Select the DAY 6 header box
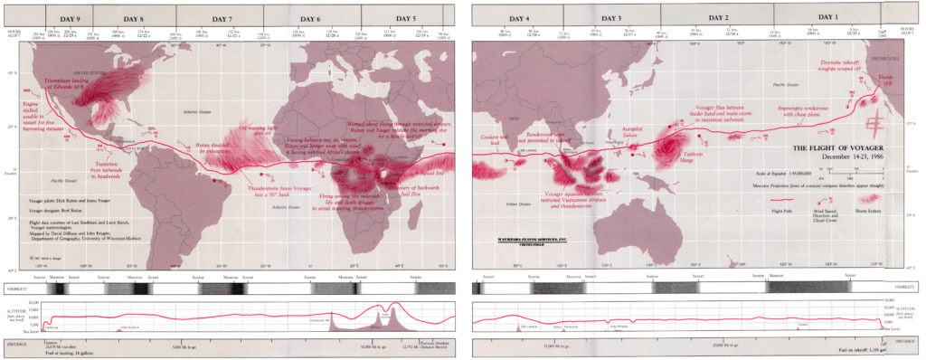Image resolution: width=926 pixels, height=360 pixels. (x=310, y=19)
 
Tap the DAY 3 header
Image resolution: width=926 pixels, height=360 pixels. (x=611, y=18)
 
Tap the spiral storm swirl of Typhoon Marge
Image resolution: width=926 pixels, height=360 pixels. (x=673, y=144)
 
